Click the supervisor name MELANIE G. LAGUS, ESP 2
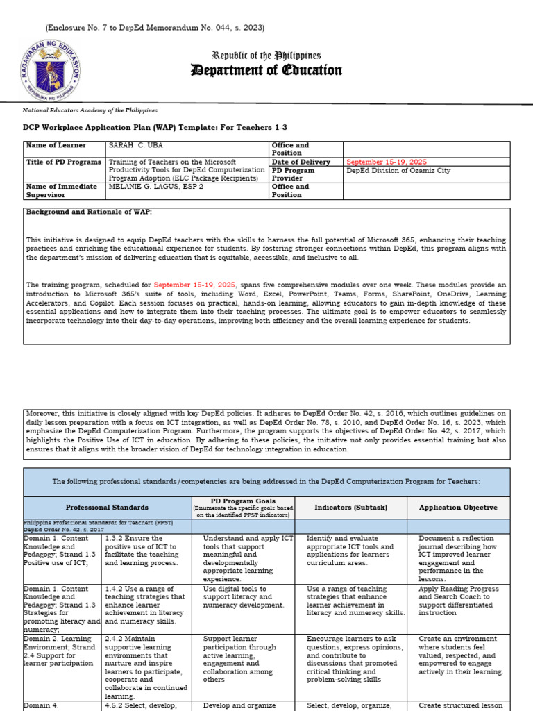point(155,187)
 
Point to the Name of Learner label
point(56,145)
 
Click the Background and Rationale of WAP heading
point(88,211)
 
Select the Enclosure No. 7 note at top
point(155,28)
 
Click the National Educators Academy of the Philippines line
point(90,110)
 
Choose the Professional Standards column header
point(107,508)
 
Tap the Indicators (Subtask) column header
point(350,508)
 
